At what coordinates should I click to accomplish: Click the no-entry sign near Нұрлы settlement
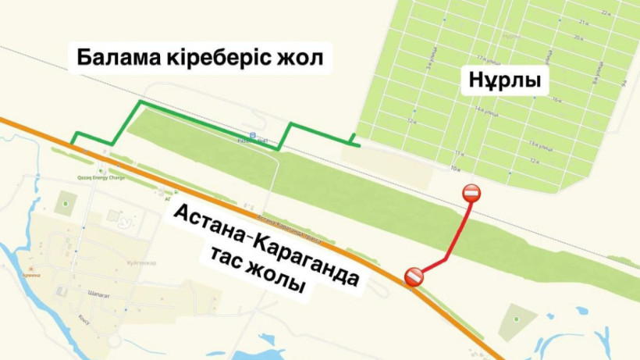click(x=471, y=193)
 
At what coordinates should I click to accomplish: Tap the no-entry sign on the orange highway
click(x=414, y=276)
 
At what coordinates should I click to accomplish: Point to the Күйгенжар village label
click(x=140, y=262)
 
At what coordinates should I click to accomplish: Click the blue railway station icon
click(x=242, y=141)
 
